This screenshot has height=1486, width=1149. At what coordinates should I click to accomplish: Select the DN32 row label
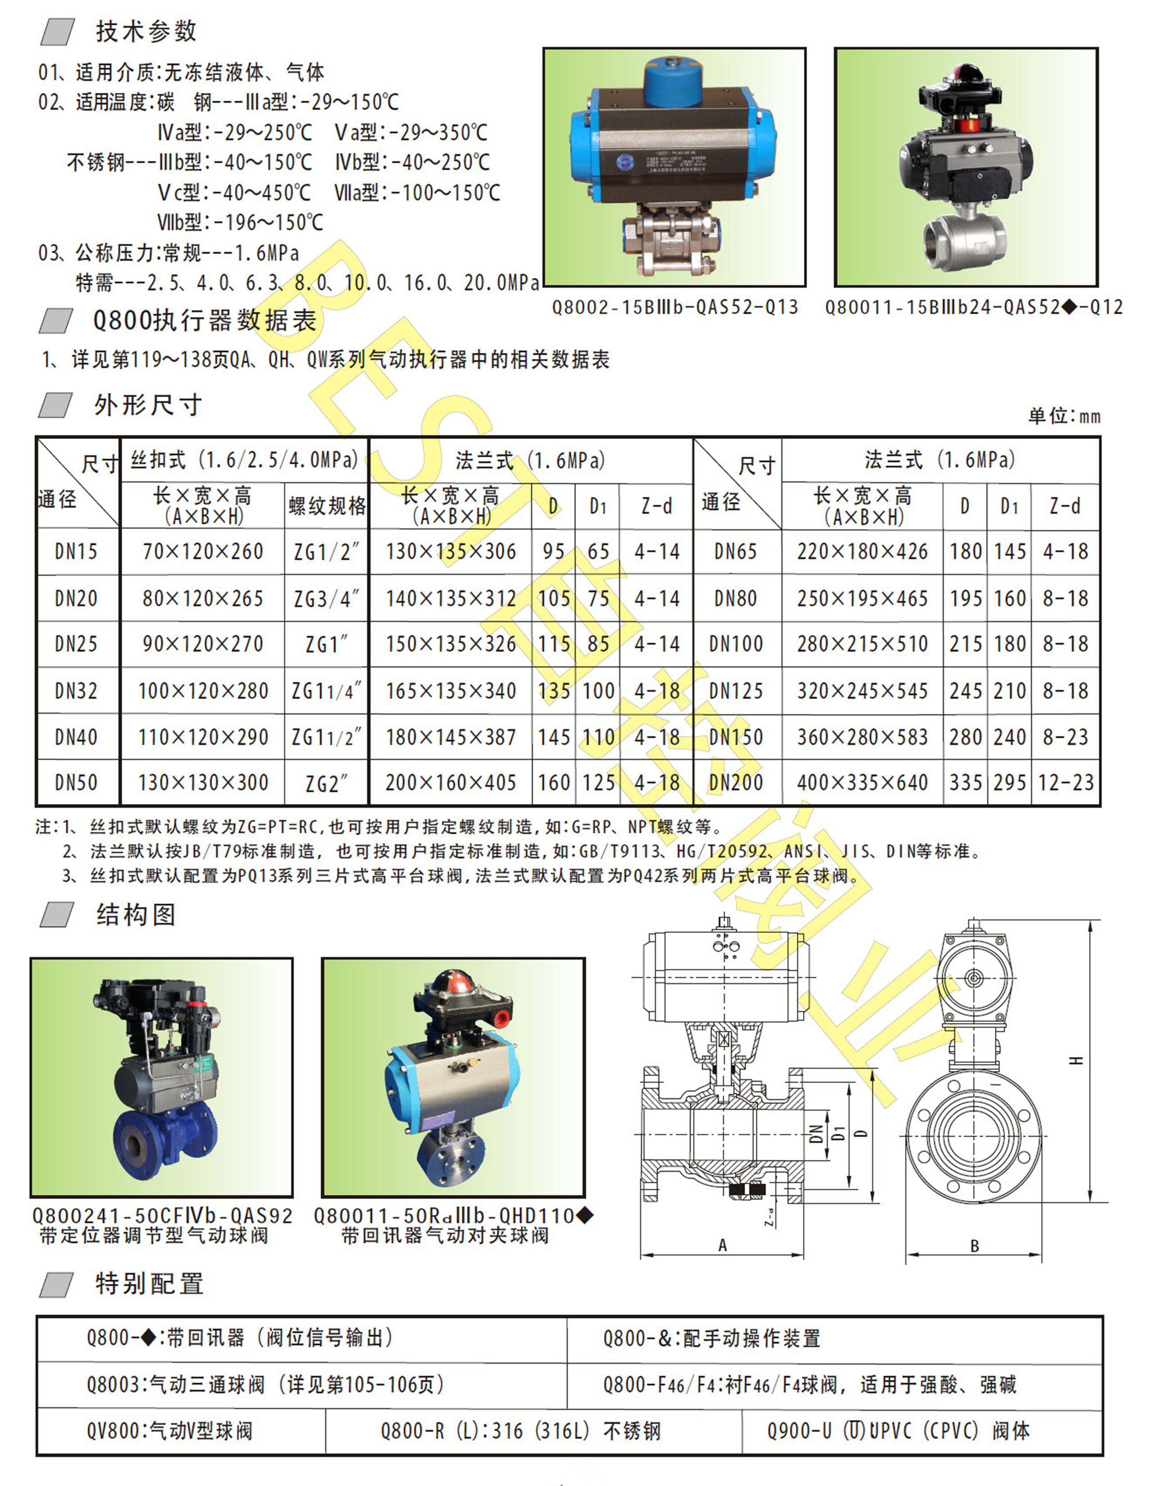coord(76,691)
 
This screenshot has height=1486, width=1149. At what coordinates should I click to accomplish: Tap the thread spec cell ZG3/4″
coord(326,599)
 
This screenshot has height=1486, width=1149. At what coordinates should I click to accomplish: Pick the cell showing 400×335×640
coord(862,783)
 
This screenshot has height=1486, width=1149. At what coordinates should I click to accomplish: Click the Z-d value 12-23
coord(1065,783)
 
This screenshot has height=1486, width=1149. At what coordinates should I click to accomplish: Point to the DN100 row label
coord(736,644)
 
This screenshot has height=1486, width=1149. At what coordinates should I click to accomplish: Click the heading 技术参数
coord(146,31)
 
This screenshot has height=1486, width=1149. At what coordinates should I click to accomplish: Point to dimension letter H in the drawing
coord(1075,1060)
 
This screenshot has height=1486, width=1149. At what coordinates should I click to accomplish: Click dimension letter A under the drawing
coord(722,1245)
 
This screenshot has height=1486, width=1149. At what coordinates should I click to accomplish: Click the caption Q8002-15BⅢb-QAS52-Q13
coord(675,308)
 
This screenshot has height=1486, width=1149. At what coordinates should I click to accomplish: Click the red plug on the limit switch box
coord(502,1019)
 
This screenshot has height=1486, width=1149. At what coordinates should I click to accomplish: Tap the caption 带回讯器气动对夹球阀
coord(445,1235)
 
